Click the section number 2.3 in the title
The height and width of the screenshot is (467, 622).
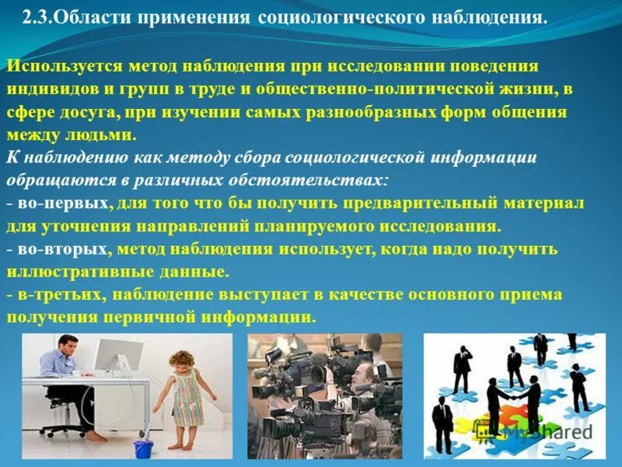click(x=37, y=17)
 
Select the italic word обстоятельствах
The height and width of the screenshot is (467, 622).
click(x=314, y=181)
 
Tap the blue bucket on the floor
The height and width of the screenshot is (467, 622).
click(x=141, y=448)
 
